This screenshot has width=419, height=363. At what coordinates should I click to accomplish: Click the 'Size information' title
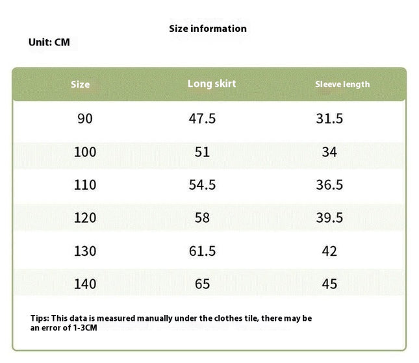[208, 29]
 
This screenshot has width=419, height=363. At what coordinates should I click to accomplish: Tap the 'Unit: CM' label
[49, 42]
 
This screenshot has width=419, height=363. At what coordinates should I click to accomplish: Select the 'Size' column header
[80, 84]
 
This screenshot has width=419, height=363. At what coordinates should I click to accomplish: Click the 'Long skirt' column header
[212, 84]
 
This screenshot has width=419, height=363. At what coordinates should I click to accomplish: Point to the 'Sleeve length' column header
[342, 84]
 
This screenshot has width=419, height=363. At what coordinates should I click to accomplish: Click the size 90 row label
[85, 119]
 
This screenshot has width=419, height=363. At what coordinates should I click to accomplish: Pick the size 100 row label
[85, 152]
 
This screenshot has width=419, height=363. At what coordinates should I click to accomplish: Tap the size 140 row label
[85, 284]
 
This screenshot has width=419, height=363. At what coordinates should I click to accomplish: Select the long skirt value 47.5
[202, 119]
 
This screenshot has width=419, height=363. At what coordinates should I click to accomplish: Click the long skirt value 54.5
[202, 185]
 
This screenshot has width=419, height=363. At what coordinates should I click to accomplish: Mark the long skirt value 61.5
[202, 251]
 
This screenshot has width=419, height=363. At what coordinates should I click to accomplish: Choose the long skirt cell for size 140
[202, 284]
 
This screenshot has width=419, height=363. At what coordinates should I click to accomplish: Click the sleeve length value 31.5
[329, 119]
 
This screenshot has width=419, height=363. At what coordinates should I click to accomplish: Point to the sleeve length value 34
[329, 152]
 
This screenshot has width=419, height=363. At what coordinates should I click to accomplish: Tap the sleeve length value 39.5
[329, 218]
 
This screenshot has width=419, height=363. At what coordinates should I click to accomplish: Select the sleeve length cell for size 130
[329, 251]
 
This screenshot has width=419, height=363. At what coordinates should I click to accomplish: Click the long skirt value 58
[202, 218]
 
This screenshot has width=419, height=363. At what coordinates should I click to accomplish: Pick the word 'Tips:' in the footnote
[40, 318]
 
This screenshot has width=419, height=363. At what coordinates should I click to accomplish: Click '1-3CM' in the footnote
[85, 328]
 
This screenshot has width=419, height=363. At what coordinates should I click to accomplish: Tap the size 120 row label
[85, 218]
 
